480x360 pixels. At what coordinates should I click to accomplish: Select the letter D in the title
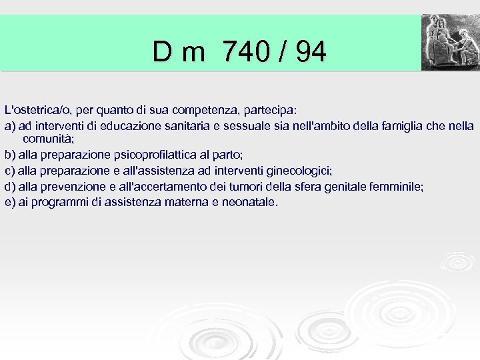tap(162, 51)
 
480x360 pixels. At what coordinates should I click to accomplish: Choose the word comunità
tap(48, 139)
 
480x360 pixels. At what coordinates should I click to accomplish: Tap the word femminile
tap(396, 187)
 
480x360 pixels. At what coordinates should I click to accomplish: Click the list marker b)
tap(10, 155)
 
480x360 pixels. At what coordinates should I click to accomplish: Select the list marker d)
tap(10, 187)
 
